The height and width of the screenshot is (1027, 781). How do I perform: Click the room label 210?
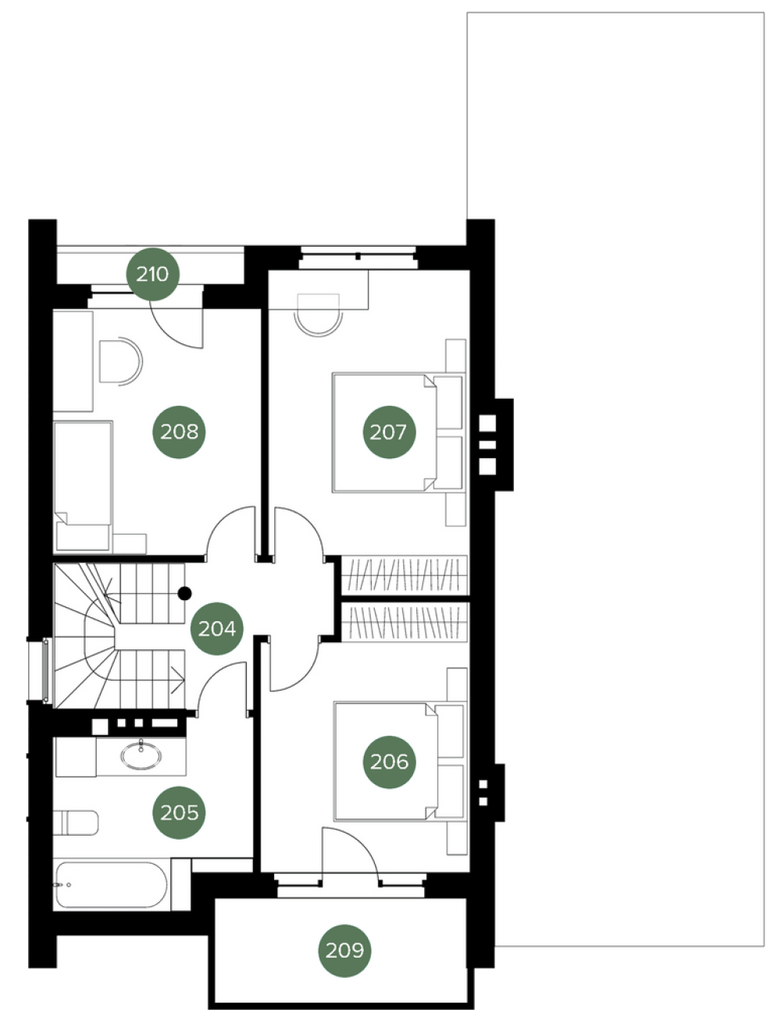152,274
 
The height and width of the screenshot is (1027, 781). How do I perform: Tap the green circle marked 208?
179,432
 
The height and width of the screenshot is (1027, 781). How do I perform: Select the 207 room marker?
389,432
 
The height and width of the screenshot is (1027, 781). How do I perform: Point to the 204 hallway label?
217,628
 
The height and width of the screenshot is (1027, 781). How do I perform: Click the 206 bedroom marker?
389,762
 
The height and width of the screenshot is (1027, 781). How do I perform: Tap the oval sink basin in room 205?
141,754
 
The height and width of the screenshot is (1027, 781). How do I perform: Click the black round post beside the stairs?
185,593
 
